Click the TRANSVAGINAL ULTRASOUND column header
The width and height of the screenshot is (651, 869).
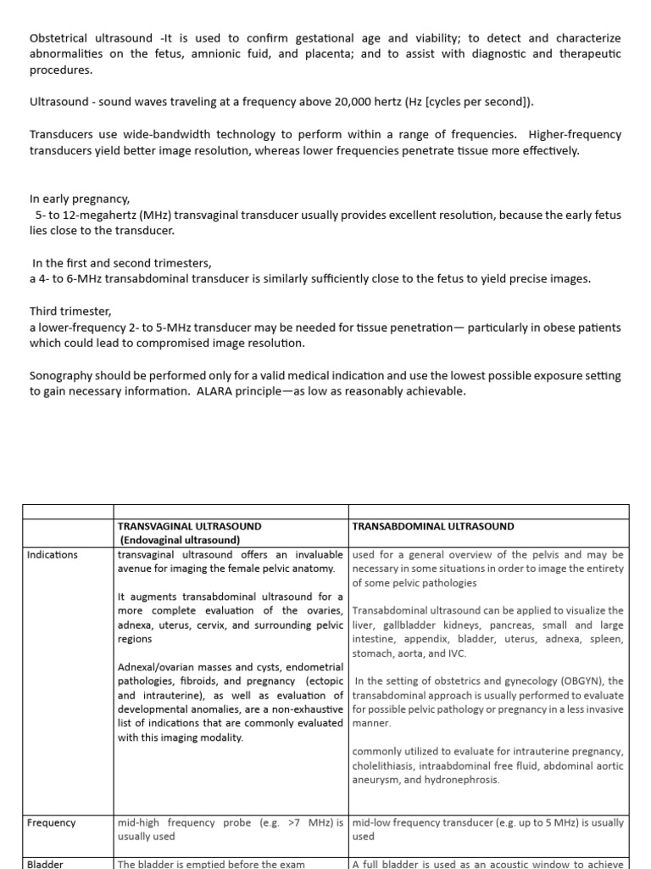click(x=190, y=525)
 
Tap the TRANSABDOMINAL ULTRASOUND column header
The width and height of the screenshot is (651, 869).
click(x=432, y=525)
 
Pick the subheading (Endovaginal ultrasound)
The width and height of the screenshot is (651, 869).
click(x=180, y=540)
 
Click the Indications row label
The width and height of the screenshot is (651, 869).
click(x=53, y=554)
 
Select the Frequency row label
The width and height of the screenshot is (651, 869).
click(x=51, y=822)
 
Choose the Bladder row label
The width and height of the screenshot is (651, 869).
click(x=45, y=864)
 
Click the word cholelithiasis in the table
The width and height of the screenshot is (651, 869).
click(x=385, y=765)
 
